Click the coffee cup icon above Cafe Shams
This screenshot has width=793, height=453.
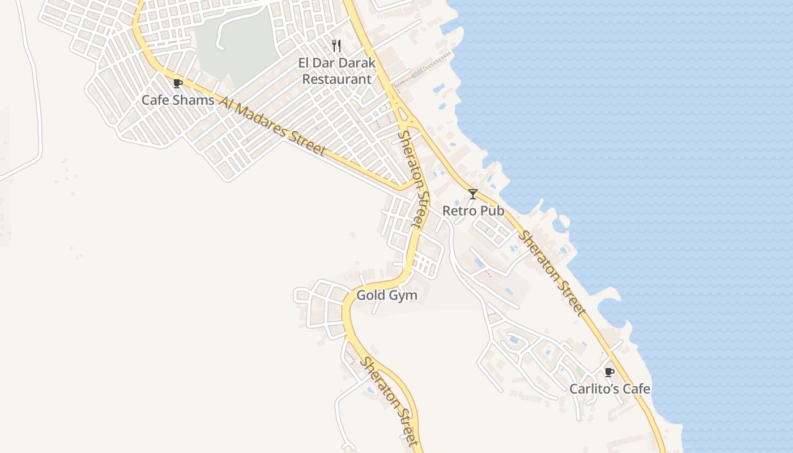pyautogui.click(x=178, y=84)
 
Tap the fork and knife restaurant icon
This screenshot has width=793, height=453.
pyautogui.click(x=337, y=46)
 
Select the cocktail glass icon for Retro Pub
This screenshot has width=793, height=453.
pyautogui.click(x=473, y=194)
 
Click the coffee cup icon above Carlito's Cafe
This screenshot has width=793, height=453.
pyautogui.click(x=609, y=372)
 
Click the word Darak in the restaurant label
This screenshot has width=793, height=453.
pyautogui.click(x=356, y=63)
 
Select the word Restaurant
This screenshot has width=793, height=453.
pyautogui.click(x=336, y=79)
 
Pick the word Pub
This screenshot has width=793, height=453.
pyautogui.click(x=492, y=211)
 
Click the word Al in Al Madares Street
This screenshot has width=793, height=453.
pyautogui.click(x=225, y=104)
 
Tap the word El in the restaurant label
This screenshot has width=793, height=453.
pyautogui.click(x=305, y=63)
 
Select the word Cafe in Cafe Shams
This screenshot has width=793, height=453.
pyautogui.click(x=155, y=100)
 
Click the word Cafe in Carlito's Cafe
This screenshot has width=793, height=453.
pyautogui.click(x=636, y=389)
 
